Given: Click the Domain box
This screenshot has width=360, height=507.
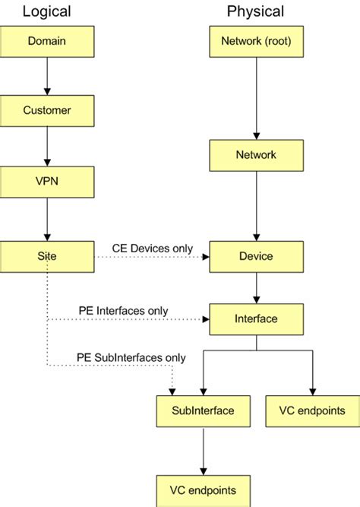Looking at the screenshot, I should (x=47, y=41).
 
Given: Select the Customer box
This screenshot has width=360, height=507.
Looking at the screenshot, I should (x=47, y=111).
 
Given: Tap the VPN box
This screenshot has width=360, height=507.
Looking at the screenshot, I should (x=47, y=182).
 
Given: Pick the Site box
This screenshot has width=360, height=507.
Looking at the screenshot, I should (x=47, y=256).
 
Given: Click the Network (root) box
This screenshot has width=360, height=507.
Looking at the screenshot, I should (x=256, y=41).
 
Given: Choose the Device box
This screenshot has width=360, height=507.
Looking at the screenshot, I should (x=256, y=256).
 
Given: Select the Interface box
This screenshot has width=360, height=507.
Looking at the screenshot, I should (x=256, y=319).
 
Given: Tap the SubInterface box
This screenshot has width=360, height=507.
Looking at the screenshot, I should (x=203, y=411).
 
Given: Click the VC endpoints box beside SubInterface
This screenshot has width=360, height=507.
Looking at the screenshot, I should (x=312, y=411).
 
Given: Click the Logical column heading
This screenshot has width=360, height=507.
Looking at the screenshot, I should (x=47, y=11).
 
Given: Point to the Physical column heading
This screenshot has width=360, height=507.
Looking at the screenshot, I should (x=255, y=11).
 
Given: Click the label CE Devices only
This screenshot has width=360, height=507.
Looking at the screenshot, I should (x=153, y=248).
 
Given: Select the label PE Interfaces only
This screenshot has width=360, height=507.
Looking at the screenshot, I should (x=123, y=311).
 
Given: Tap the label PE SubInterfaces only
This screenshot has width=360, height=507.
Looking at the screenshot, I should (x=131, y=357).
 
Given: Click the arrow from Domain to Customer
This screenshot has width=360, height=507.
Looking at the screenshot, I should (x=47, y=76).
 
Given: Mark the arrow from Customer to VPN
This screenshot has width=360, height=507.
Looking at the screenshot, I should (x=47, y=147).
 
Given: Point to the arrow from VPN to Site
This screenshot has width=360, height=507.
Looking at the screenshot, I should (x=47, y=219).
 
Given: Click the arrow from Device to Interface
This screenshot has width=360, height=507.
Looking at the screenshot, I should (x=256, y=287).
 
